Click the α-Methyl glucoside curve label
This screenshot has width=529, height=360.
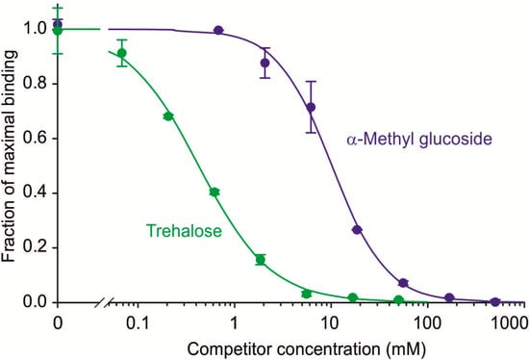[418, 140]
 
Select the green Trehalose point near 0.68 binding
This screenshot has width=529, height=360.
[168, 116]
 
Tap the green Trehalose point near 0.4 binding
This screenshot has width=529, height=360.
[214, 193]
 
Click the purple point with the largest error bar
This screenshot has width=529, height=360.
[311, 107]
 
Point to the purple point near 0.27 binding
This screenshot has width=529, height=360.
[357, 229]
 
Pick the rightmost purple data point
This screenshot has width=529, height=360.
[495, 301]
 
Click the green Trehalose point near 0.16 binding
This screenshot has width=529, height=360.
[261, 259]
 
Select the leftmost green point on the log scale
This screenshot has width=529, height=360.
[122, 53]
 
